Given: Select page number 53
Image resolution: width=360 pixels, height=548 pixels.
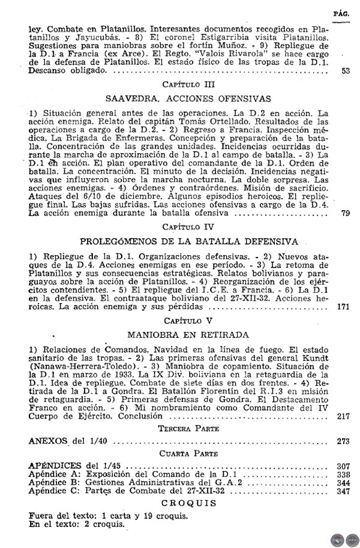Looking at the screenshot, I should [x=345, y=70].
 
